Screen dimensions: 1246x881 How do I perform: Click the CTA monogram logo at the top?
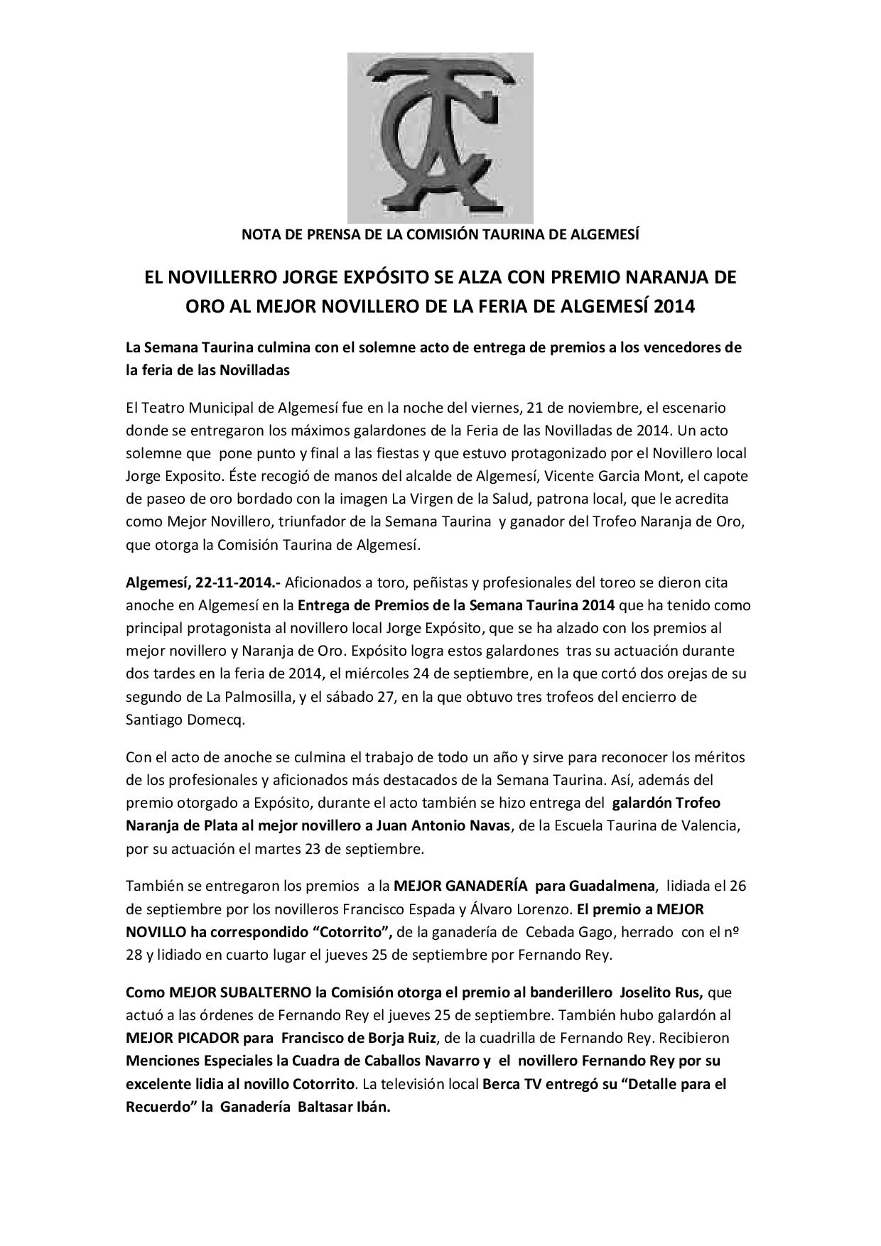pyautogui.click(x=440, y=138)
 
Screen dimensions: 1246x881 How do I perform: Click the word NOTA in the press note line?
pyautogui.click(x=259, y=234)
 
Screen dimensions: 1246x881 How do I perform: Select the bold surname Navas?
pyautogui.click(x=490, y=825)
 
